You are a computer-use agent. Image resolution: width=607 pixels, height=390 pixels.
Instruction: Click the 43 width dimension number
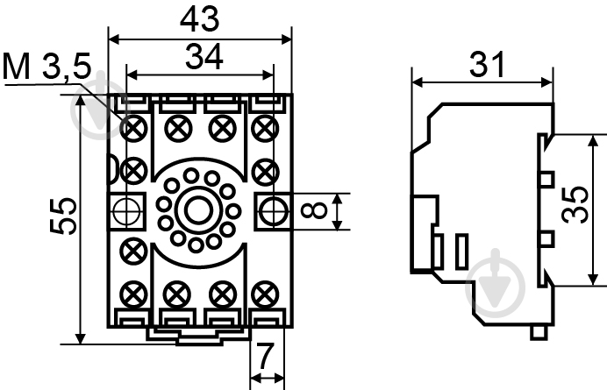199,19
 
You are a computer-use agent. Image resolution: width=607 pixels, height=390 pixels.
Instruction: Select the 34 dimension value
204,56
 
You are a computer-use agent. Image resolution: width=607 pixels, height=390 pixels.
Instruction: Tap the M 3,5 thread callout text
46,66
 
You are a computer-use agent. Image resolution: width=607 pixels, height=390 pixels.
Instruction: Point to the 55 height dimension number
63,216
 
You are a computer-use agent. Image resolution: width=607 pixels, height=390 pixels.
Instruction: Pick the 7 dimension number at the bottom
266,357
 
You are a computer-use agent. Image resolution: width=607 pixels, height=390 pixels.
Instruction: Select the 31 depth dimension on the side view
487,64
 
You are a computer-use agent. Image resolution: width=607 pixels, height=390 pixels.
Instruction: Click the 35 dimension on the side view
575,205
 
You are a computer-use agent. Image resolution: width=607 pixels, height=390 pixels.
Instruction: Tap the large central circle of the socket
198,210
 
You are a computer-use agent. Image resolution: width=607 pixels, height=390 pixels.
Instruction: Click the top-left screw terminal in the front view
133,128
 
